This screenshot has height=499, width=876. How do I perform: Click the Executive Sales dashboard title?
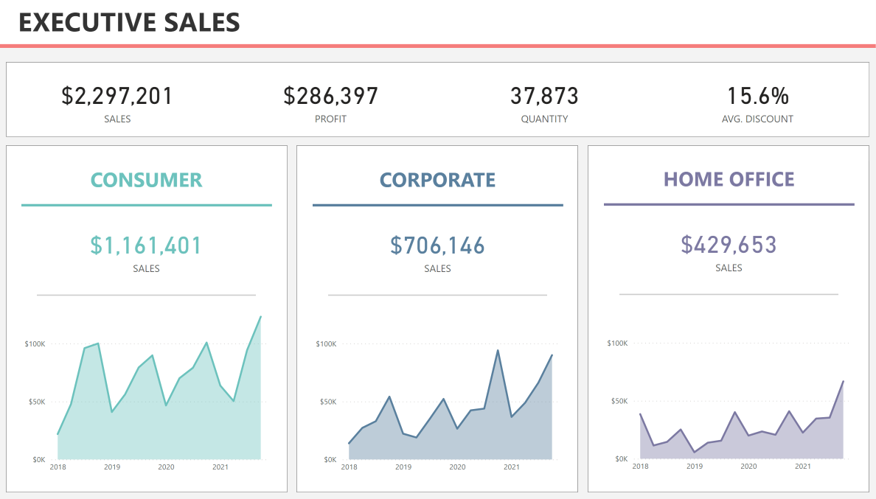click(129, 22)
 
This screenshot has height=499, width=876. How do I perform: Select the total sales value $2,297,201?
click(117, 96)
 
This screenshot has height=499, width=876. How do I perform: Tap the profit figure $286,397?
click(330, 96)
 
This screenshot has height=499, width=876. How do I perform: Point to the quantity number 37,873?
click(544, 96)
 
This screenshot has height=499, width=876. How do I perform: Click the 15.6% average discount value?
click(757, 96)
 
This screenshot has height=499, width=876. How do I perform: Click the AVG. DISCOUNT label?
click(757, 119)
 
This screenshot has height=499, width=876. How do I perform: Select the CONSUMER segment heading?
click(146, 180)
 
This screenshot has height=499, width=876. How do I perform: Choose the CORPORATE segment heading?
click(437, 180)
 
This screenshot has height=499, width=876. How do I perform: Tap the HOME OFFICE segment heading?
click(729, 179)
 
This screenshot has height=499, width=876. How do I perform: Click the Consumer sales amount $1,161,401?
click(146, 245)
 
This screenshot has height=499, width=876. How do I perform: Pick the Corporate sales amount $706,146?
click(437, 245)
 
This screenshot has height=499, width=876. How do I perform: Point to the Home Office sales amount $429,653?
click(729, 245)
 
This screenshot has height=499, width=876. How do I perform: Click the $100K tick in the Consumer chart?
click(35, 344)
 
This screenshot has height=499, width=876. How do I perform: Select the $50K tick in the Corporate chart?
click(326, 402)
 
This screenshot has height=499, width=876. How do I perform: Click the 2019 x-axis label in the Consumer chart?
click(112, 467)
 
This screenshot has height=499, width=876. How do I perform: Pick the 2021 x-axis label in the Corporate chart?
click(512, 467)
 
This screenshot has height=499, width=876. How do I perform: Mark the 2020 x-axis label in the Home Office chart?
click(748, 466)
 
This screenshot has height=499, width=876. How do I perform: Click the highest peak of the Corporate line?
click(498, 350)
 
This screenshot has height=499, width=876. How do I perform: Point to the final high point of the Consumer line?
click(260, 317)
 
